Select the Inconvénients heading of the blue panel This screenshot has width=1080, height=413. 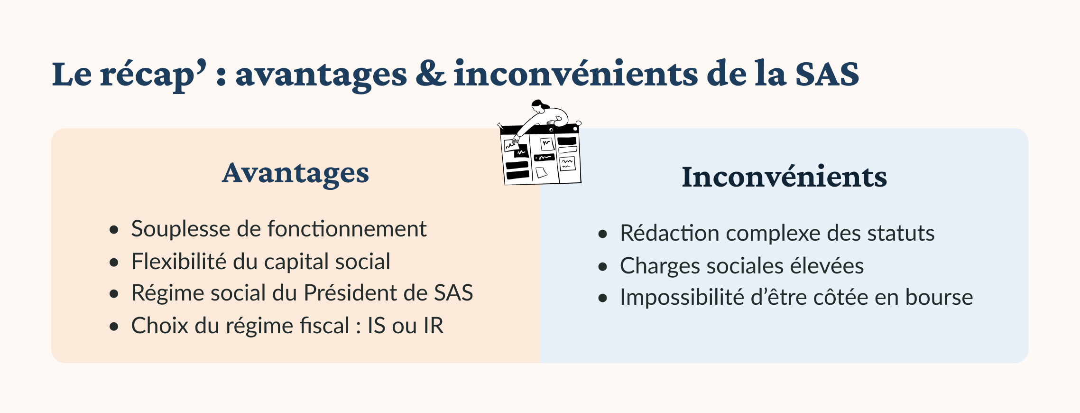pos(785,177)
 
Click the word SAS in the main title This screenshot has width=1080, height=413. pos(827,74)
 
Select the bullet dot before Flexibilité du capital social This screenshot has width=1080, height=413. pos(114,263)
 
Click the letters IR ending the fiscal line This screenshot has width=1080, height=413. pos(434,326)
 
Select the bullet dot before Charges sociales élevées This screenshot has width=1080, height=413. pos(603,267)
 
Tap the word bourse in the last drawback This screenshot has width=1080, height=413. pos(939,297)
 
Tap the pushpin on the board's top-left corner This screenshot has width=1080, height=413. pos(500,126)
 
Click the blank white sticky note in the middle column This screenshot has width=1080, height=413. pos(541,172)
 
